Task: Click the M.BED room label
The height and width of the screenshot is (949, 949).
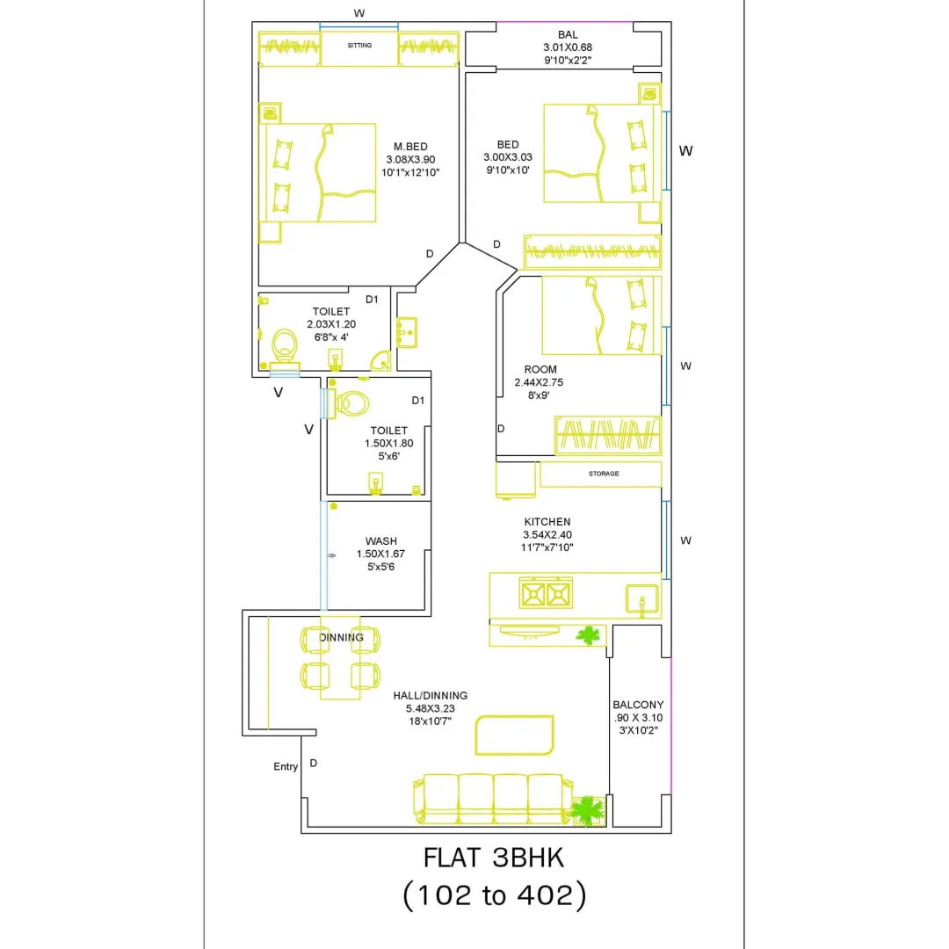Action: (410, 147)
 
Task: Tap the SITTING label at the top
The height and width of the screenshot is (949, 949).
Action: (359, 46)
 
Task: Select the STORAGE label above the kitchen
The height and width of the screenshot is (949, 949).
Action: (604, 474)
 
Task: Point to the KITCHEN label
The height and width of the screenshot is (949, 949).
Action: (547, 522)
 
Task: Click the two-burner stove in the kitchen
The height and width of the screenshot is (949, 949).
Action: (546, 593)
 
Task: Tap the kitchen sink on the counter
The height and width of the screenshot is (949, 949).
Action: (641, 600)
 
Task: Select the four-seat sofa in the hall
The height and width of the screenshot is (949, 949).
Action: (493, 798)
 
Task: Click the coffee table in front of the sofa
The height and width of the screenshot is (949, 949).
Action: (514, 735)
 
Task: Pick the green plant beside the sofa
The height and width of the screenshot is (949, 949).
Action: (587, 810)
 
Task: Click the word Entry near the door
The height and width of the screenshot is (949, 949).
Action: (286, 767)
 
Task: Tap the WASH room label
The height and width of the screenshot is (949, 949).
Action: (381, 541)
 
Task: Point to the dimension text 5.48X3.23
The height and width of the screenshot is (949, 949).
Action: (431, 708)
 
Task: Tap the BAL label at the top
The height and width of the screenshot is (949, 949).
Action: (568, 34)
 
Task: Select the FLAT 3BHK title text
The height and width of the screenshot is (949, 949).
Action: (494, 858)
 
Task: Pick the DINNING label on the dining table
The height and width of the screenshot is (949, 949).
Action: (341, 637)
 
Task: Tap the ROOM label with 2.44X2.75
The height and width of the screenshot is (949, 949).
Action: (540, 369)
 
